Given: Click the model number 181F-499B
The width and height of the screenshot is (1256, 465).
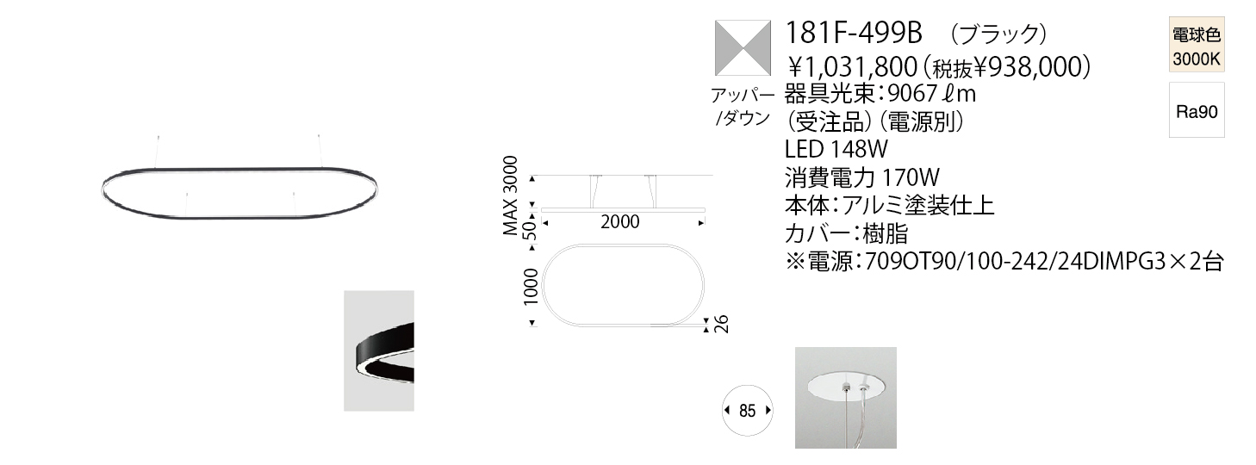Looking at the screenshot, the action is (x=854, y=33).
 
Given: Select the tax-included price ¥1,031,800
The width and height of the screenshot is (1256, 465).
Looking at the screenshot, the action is (x=852, y=67).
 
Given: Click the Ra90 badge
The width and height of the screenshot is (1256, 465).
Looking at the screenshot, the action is (x=1197, y=110).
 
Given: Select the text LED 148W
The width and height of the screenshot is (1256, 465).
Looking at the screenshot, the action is (x=836, y=149).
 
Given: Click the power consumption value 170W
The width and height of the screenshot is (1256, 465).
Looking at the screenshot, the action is (x=911, y=177).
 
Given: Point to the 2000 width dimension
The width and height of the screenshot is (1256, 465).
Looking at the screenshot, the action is (x=619, y=222).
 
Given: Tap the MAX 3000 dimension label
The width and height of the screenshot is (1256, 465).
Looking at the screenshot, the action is (x=510, y=195).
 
